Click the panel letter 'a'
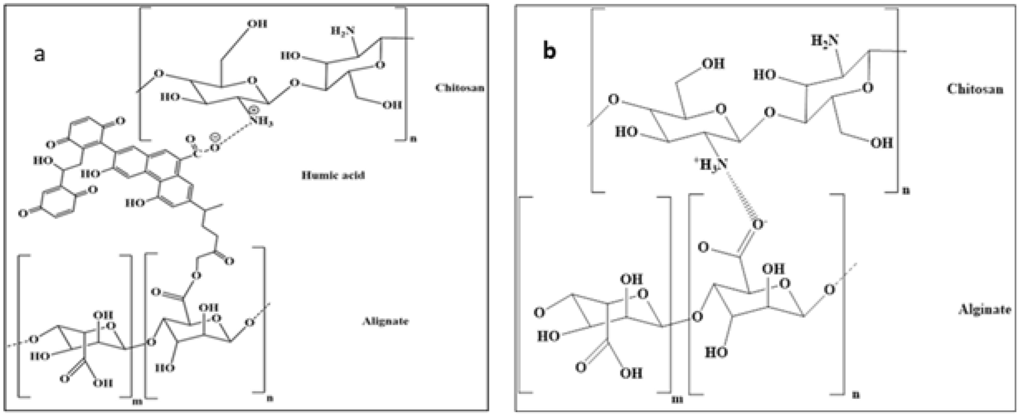(x=39, y=53)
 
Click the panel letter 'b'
(x=550, y=51)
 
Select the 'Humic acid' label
(x=333, y=175)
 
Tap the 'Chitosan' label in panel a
(x=459, y=88)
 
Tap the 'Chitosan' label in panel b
(x=975, y=89)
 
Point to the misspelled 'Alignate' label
(x=385, y=321)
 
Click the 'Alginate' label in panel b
(x=984, y=309)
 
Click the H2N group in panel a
(x=343, y=31)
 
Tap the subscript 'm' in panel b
(x=677, y=399)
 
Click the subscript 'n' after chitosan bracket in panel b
(x=906, y=191)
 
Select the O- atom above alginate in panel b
(x=759, y=225)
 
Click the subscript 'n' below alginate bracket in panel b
(x=856, y=395)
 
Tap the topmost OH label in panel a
(x=257, y=24)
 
